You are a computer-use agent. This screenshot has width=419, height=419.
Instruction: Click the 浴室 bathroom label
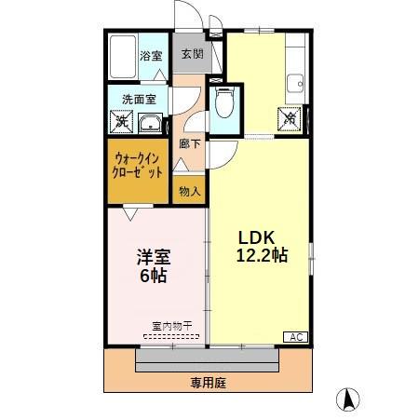point(149,56)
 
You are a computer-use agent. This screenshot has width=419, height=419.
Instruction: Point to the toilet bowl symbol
point(224,103)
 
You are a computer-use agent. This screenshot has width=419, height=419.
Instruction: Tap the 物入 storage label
point(188,191)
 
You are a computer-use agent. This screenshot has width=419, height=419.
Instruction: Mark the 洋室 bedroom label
point(155,257)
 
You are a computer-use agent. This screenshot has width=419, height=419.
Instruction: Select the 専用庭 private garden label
point(209,381)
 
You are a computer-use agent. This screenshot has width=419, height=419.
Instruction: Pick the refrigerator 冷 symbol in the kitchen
point(291,118)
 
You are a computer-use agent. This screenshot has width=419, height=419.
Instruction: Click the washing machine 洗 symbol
point(121,120)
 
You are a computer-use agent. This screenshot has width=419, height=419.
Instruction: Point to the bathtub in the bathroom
point(123,58)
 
